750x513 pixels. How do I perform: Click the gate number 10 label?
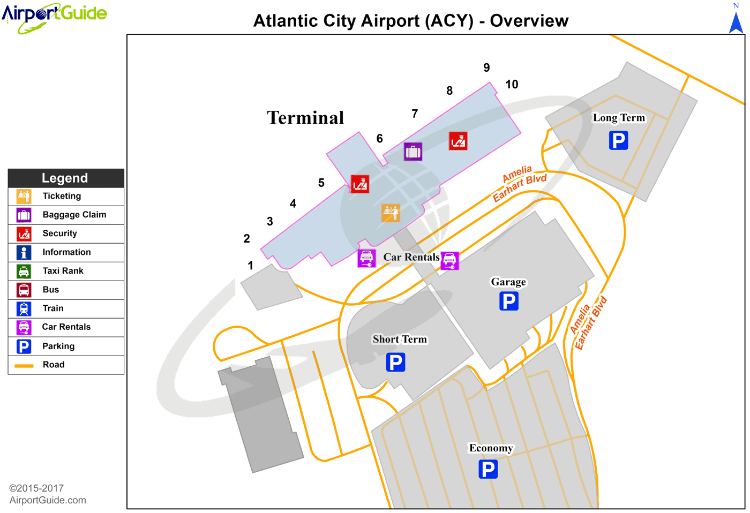pyautogui.click(x=512, y=84)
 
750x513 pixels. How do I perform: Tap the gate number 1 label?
pyautogui.click(x=250, y=265)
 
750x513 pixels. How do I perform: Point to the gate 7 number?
pyautogui.click(x=415, y=114)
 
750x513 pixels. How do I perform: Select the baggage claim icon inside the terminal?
pyautogui.click(x=413, y=152)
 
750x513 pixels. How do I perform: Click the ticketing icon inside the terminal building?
pyautogui.click(x=391, y=213)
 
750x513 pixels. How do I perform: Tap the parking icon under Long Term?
pyautogui.click(x=618, y=141)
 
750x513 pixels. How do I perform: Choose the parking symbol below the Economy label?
pyautogui.click(x=488, y=469)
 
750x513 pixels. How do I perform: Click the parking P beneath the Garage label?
pyautogui.click(x=508, y=301)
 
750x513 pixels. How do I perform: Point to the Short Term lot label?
pyautogui.click(x=400, y=339)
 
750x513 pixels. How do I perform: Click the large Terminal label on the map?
pyautogui.click(x=305, y=118)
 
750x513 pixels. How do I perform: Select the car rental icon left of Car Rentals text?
pyautogui.click(x=366, y=258)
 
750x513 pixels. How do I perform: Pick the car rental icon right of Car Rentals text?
pyautogui.click(x=449, y=261)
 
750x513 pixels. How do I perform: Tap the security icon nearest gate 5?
pyautogui.click(x=360, y=184)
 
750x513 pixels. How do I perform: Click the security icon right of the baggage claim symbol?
pyautogui.click(x=458, y=141)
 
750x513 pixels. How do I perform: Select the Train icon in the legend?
pyautogui.click(x=24, y=308)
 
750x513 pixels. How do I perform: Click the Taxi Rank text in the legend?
pyautogui.click(x=63, y=271)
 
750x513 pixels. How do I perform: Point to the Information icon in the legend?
pyautogui.click(x=24, y=252)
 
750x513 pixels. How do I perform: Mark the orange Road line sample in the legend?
pyautogui.click(x=24, y=365)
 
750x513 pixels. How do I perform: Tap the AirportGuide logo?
pyautogui.click(x=54, y=17)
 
